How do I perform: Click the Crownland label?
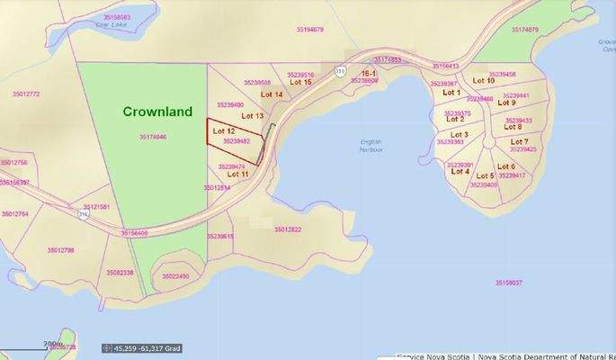(157, 112)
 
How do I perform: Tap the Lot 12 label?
(223, 131)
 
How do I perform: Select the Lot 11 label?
(238, 174)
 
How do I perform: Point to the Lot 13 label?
(252, 116)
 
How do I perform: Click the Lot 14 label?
(272, 94)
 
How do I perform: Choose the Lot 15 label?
(301, 83)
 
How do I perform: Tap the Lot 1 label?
(451, 92)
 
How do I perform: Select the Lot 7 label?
(519, 141)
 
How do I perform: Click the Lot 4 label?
(460, 171)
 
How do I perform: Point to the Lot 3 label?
(459, 134)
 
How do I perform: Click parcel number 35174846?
(153, 137)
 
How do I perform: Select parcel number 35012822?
(287, 229)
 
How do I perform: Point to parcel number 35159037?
(508, 283)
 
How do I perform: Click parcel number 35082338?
(120, 272)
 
